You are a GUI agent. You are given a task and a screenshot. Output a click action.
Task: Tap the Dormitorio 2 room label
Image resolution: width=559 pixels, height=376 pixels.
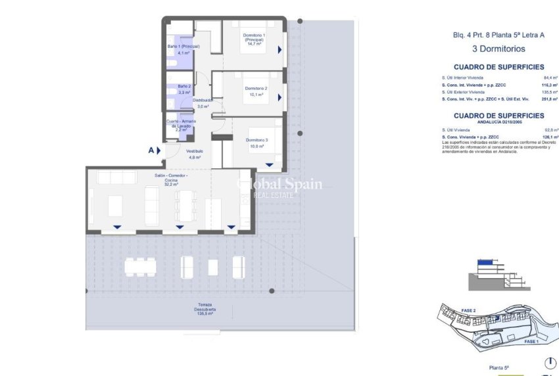[x=256, y=91]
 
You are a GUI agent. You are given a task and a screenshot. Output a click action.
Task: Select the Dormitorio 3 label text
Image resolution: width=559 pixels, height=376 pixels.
[x=256, y=143]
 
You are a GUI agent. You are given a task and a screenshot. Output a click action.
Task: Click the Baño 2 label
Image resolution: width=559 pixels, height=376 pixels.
[x=183, y=89]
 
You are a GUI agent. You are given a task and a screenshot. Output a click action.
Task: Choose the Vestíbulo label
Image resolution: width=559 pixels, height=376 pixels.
[x=194, y=154]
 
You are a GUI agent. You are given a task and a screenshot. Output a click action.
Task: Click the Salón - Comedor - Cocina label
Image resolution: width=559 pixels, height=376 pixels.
[x=171, y=179]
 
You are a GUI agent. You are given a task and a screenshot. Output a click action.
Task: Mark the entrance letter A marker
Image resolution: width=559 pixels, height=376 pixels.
[x=151, y=150]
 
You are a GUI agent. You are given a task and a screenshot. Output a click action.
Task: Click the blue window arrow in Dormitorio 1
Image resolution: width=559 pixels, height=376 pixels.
[x=279, y=49]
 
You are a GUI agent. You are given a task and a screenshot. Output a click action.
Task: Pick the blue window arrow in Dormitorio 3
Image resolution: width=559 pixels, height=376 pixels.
[x=269, y=164]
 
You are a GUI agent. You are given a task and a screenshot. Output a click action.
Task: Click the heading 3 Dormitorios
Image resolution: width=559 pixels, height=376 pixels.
[x=498, y=49]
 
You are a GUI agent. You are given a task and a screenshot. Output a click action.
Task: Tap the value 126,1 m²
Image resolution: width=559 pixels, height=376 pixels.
[x=543, y=136]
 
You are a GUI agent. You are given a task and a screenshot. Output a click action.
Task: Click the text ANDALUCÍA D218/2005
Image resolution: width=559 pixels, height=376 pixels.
[x=498, y=122]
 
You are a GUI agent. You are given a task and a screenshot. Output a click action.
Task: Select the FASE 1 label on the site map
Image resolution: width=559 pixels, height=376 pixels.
[x=531, y=342]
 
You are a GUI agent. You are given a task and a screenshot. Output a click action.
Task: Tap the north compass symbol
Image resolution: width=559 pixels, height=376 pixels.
[x=550, y=362]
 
